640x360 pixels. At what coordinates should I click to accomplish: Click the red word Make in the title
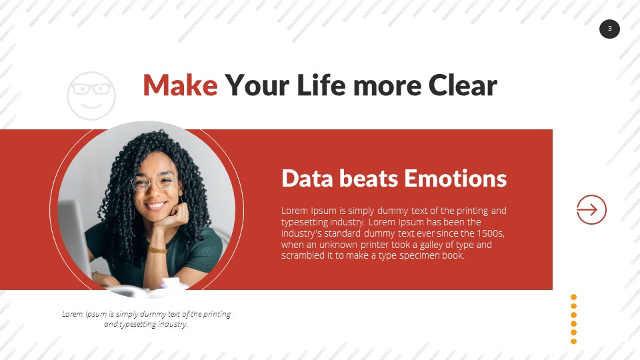(x=180, y=85)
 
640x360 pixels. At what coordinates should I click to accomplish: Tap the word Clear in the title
(x=463, y=85)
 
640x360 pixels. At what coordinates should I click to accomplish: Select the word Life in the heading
(x=321, y=85)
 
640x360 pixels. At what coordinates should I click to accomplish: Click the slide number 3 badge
(x=609, y=29)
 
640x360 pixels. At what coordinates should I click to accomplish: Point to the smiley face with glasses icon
(x=91, y=96)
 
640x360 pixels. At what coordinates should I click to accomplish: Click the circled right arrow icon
(x=591, y=210)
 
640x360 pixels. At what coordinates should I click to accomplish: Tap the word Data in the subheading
(x=307, y=179)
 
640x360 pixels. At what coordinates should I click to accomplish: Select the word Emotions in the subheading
(x=455, y=179)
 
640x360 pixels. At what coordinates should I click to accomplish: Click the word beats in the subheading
(x=369, y=179)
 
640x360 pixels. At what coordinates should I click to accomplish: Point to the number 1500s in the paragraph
(x=490, y=233)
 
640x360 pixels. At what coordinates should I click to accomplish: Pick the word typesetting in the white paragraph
(x=302, y=223)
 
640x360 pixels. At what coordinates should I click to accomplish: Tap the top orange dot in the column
(x=573, y=297)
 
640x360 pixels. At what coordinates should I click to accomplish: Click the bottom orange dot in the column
(x=573, y=341)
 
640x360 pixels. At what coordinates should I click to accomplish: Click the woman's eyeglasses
(x=154, y=181)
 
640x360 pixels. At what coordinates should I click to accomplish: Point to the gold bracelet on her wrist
(x=157, y=250)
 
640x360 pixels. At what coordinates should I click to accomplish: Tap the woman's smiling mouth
(x=156, y=205)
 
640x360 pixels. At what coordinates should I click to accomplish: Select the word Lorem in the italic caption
(x=72, y=314)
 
